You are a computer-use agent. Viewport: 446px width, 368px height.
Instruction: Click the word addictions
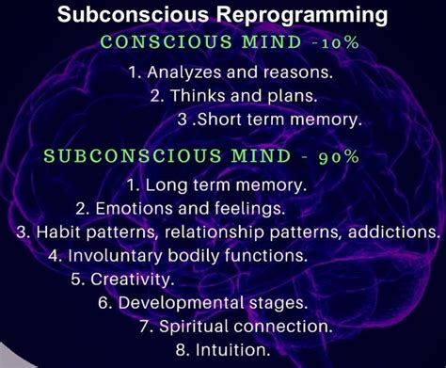[x=395, y=231]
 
